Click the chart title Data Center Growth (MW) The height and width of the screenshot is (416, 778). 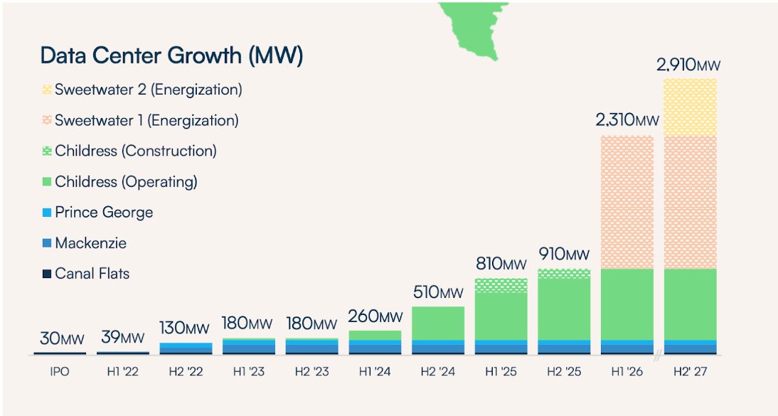click(x=171, y=55)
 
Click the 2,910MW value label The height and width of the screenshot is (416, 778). click(x=688, y=66)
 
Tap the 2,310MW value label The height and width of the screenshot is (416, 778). click(x=627, y=121)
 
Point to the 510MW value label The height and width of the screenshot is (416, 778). click(x=437, y=292)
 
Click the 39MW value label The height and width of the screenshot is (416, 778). click(x=123, y=337)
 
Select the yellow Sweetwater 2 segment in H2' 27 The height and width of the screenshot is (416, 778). click(x=689, y=107)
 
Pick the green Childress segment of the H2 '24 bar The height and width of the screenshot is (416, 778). click(x=438, y=323)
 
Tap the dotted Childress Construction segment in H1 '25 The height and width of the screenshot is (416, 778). click(x=501, y=285)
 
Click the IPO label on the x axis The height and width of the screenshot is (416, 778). click(x=60, y=372)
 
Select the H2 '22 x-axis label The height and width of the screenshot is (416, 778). click(x=186, y=372)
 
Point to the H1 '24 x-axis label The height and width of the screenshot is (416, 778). click(x=375, y=372)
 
